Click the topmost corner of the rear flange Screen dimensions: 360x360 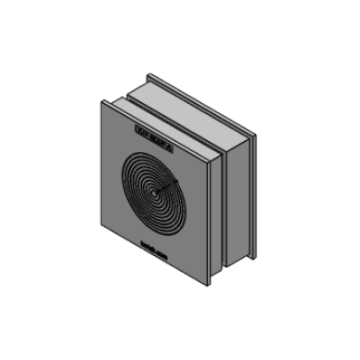click(147, 74)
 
